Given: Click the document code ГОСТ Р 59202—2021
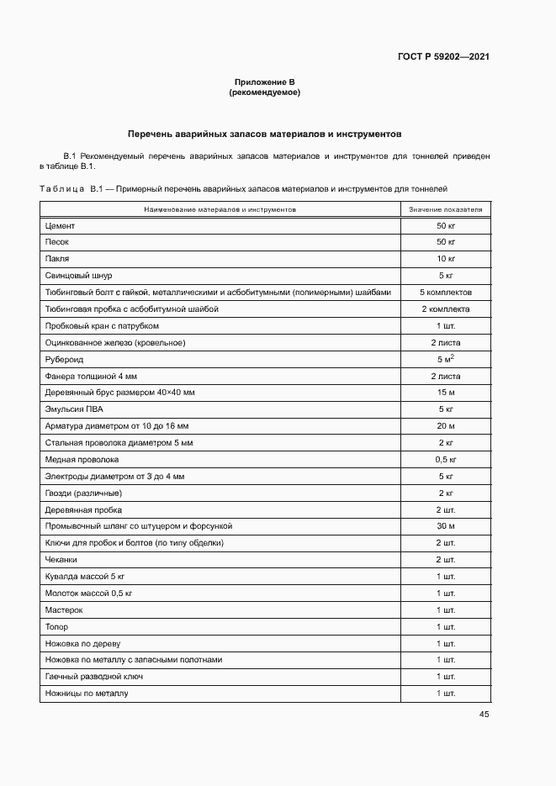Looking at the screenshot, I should click(x=442, y=57).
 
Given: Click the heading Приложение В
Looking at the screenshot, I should click(x=264, y=82).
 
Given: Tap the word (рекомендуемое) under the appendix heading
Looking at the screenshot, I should click(x=264, y=92).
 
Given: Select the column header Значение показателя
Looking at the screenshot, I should click(x=445, y=208).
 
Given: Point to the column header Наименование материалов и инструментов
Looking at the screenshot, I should click(x=220, y=208).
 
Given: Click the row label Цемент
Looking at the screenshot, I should click(x=60, y=225).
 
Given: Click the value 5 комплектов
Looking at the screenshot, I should click(x=445, y=293).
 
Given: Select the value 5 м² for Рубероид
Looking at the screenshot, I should click(x=445, y=359).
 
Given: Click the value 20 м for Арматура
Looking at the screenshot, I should click(x=445, y=426).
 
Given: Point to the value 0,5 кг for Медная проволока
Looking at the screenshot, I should click(x=445, y=460).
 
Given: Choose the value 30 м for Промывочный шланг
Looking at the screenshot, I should click(x=445, y=526).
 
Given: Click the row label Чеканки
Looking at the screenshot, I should click(x=61, y=560).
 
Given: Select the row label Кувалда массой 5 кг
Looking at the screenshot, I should click(x=84, y=577).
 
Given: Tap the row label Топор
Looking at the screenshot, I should click(x=56, y=627).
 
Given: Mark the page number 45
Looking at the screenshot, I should click(x=484, y=715).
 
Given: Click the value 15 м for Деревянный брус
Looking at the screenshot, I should click(x=445, y=393).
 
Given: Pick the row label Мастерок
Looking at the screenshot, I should click(x=63, y=610).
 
